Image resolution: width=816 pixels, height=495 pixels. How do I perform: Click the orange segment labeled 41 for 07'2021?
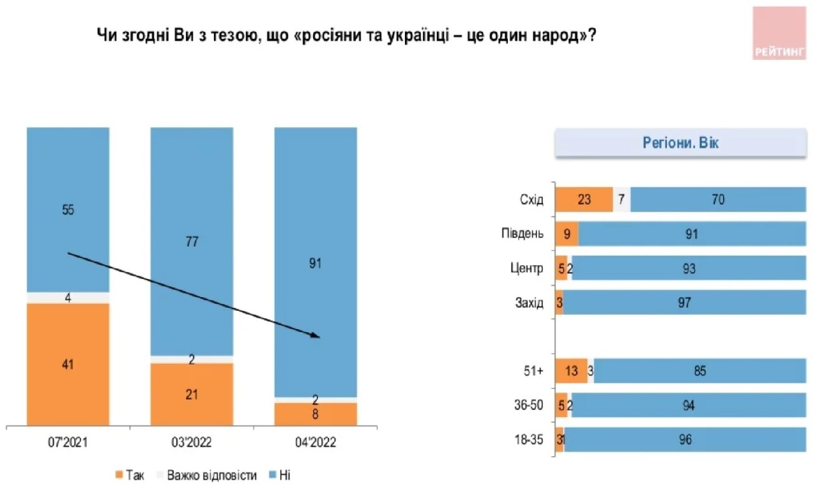68,364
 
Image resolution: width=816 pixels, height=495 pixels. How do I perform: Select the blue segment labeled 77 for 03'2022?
191,241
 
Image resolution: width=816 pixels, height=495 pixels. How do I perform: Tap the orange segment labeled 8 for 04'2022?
315,413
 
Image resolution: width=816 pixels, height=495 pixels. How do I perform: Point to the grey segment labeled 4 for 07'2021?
68,298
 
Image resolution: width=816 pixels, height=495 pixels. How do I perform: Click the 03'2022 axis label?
191,443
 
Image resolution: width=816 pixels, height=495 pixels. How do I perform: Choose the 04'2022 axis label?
315,443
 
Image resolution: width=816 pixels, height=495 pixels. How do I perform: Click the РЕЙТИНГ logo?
779,33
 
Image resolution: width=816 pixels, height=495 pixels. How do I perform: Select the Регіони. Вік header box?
680,143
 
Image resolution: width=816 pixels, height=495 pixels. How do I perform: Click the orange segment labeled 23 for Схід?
584,200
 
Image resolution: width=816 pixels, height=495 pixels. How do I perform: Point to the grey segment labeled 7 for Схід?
621,200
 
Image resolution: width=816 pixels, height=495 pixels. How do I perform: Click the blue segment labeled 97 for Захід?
684,302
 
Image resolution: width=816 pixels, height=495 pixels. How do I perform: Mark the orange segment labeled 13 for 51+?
572,371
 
